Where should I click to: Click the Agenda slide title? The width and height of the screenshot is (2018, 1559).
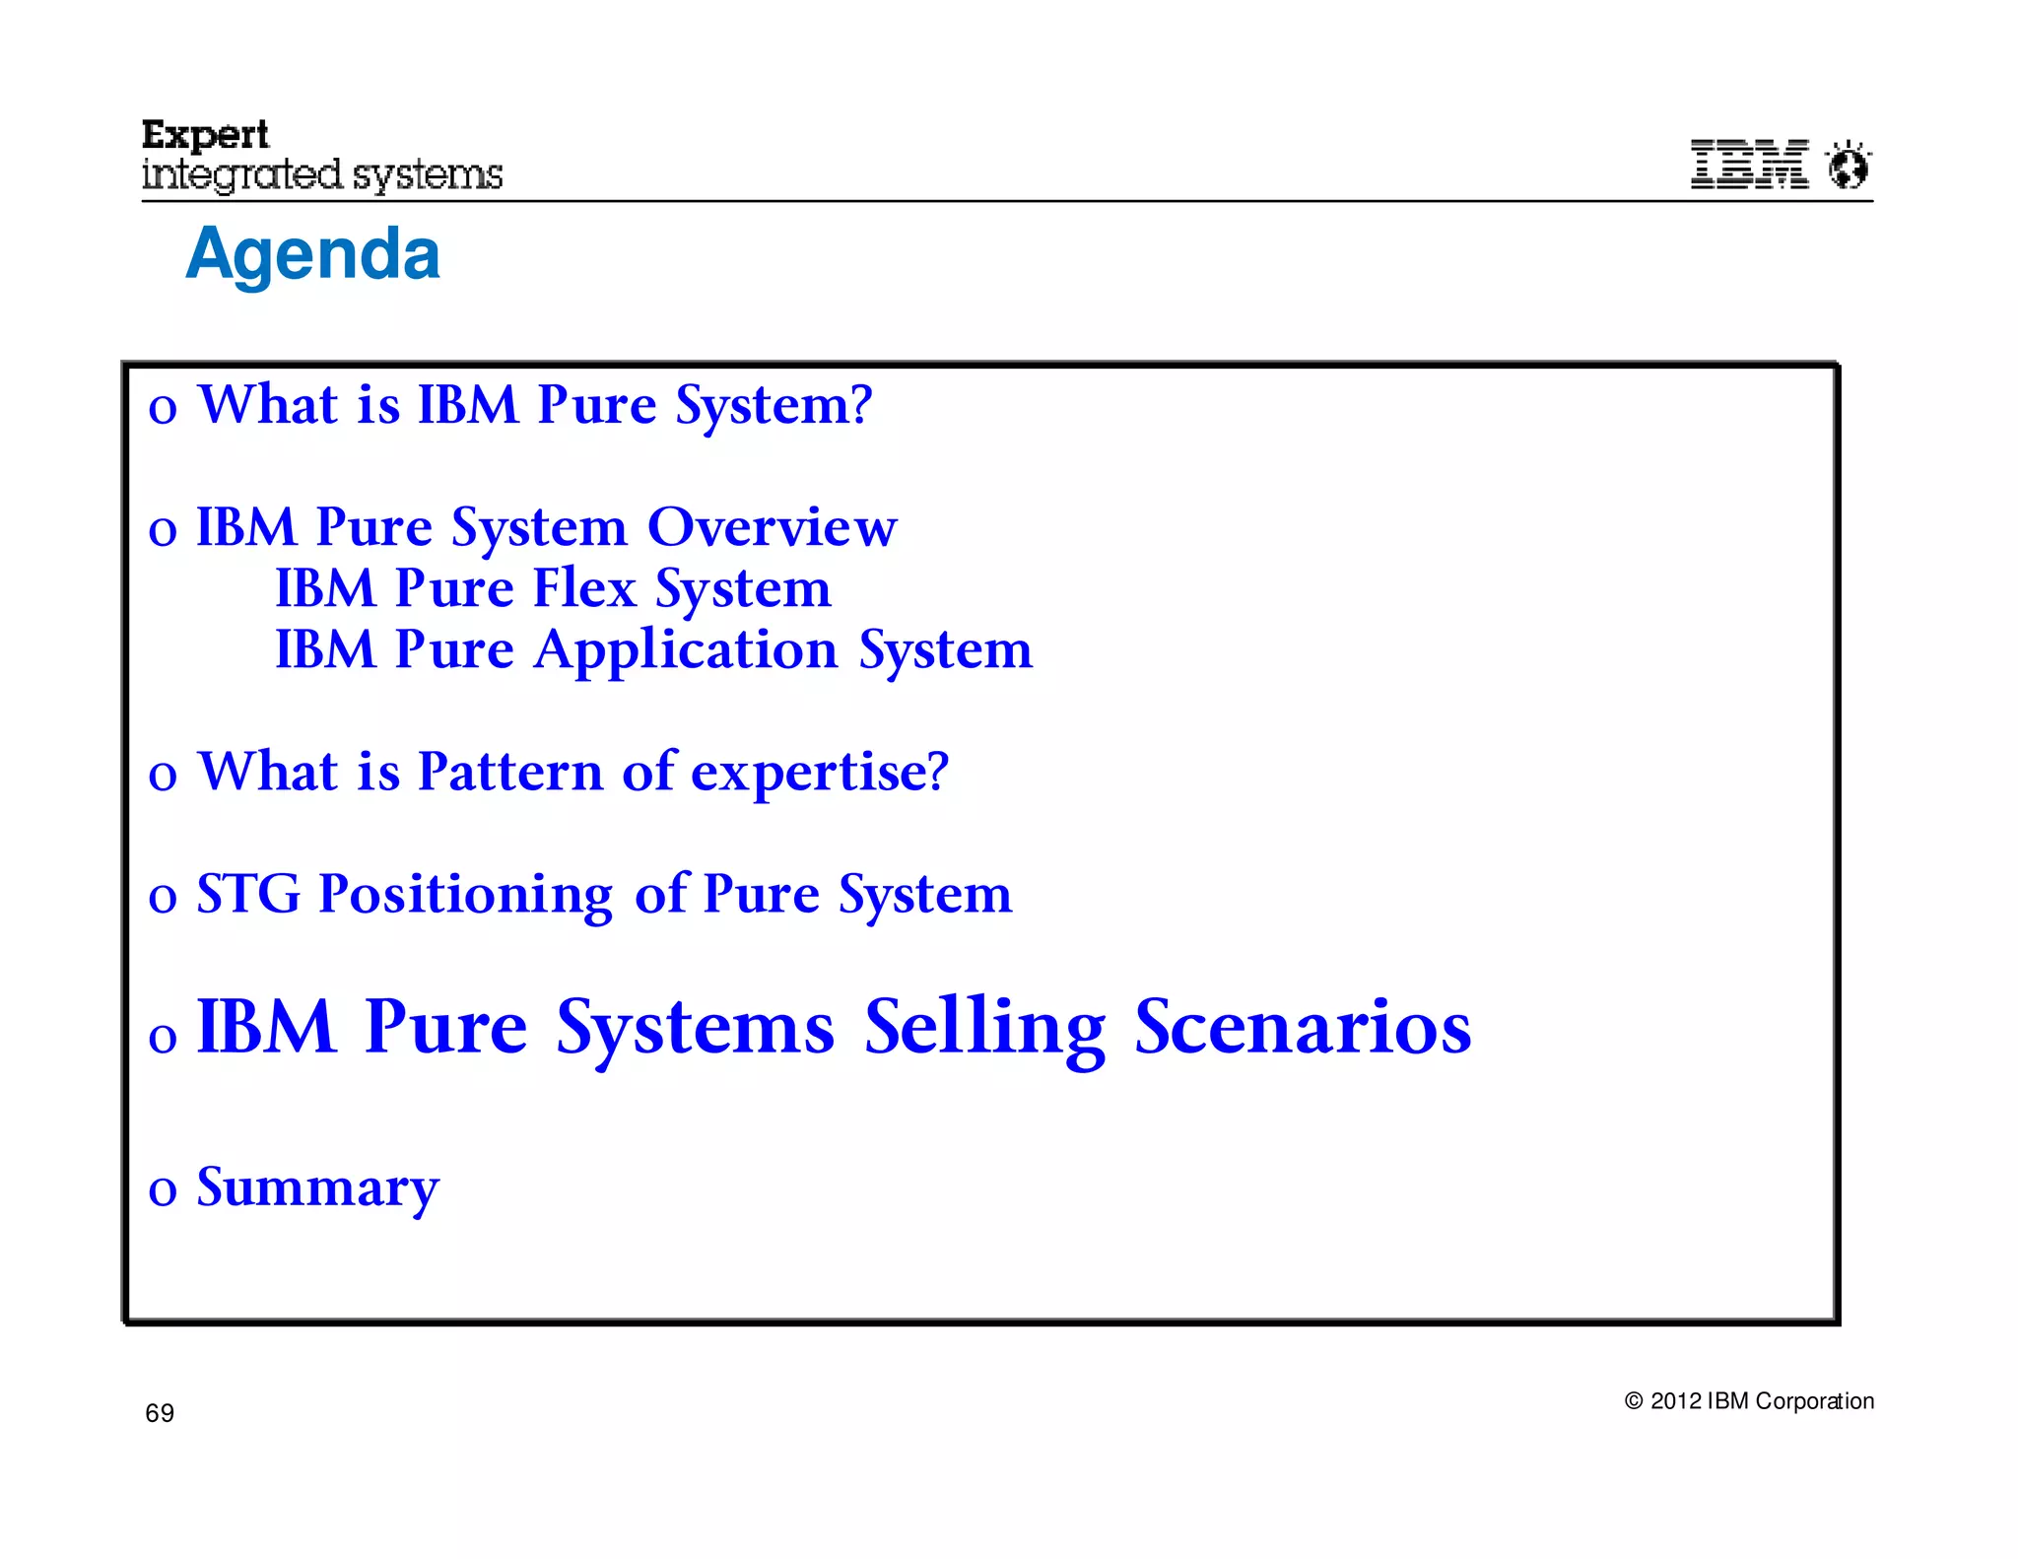(312, 254)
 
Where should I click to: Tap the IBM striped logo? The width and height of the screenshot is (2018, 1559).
(1749, 164)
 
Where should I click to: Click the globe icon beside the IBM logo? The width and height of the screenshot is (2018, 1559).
(1849, 165)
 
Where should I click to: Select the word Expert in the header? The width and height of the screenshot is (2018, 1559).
(205, 134)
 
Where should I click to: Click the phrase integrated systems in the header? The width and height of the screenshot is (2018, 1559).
(322, 175)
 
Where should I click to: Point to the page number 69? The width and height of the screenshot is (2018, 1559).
(160, 1413)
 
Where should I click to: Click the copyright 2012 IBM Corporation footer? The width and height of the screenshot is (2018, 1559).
(1748, 1400)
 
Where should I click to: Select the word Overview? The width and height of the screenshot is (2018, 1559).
(772, 527)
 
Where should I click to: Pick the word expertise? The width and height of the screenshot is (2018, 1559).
(820, 772)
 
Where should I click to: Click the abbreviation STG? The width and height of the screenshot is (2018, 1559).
(248, 894)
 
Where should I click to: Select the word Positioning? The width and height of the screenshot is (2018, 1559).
(465, 894)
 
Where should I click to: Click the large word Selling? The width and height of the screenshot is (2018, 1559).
(984, 1027)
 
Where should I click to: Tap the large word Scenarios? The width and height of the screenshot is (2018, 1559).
(1303, 1027)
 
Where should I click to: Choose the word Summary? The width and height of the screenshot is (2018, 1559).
(317, 1188)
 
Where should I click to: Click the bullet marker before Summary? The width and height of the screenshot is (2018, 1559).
(163, 1190)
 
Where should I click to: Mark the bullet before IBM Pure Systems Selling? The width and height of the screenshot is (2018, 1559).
(163, 1038)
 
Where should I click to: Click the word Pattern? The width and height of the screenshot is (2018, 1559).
(509, 772)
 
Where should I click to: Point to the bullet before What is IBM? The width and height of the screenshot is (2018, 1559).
(163, 409)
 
